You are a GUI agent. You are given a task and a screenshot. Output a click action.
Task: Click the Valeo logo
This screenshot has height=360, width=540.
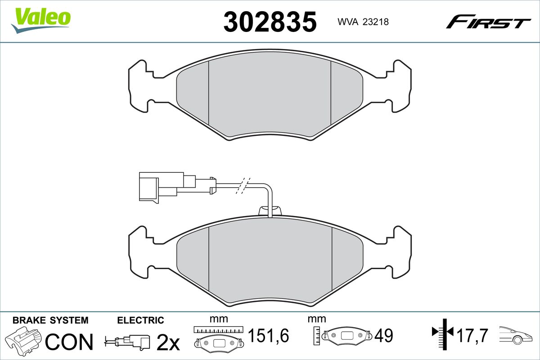pos(41,21)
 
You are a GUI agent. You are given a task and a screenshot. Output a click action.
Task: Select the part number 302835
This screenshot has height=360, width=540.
pos(270,22)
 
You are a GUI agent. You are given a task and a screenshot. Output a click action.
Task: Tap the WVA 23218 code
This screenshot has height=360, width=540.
pos(363,22)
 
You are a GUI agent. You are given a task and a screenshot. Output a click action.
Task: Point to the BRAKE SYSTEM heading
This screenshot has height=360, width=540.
pos(50,320)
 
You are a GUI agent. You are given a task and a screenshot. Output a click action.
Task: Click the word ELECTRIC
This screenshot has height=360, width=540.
pos(140,320)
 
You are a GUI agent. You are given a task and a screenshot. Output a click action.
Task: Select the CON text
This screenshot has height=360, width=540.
pos(69,342)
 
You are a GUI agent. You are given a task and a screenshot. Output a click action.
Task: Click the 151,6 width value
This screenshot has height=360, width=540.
pos(269,335)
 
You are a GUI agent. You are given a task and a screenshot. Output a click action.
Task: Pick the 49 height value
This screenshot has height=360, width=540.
pos(384,335)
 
